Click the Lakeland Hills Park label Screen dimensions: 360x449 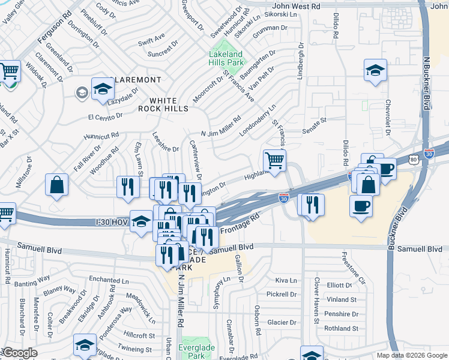click(x=226, y=58)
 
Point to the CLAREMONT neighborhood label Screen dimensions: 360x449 click(x=137, y=80)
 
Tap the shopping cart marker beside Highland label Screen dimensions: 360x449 click(x=274, y=161)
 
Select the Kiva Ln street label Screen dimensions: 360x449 click(x=286, y=280)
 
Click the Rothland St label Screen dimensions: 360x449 click(x=341, y=328)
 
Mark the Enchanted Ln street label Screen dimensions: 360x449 click(x=109, y=280)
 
